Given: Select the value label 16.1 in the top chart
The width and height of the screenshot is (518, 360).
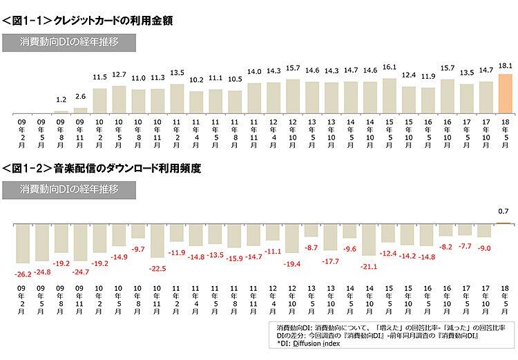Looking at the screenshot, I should click(x=389, y=67).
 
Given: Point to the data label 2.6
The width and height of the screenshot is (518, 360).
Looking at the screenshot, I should click(x=80, y=97).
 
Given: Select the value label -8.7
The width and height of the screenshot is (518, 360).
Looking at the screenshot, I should click(x=311, y=247).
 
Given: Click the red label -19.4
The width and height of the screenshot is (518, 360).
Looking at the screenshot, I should click(x=292, y=264).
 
